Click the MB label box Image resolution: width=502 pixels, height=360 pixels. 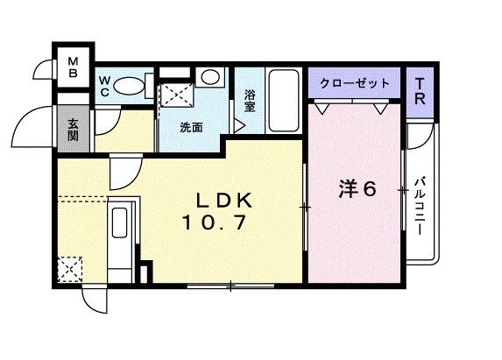[74, 67]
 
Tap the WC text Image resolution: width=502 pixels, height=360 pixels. [104, 85]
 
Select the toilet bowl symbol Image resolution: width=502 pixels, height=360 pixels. [130, 86]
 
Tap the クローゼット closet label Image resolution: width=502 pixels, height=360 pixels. [354, 82]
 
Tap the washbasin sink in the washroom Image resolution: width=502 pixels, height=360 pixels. [210, 77]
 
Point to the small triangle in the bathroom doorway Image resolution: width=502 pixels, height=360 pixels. [239, 124]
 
